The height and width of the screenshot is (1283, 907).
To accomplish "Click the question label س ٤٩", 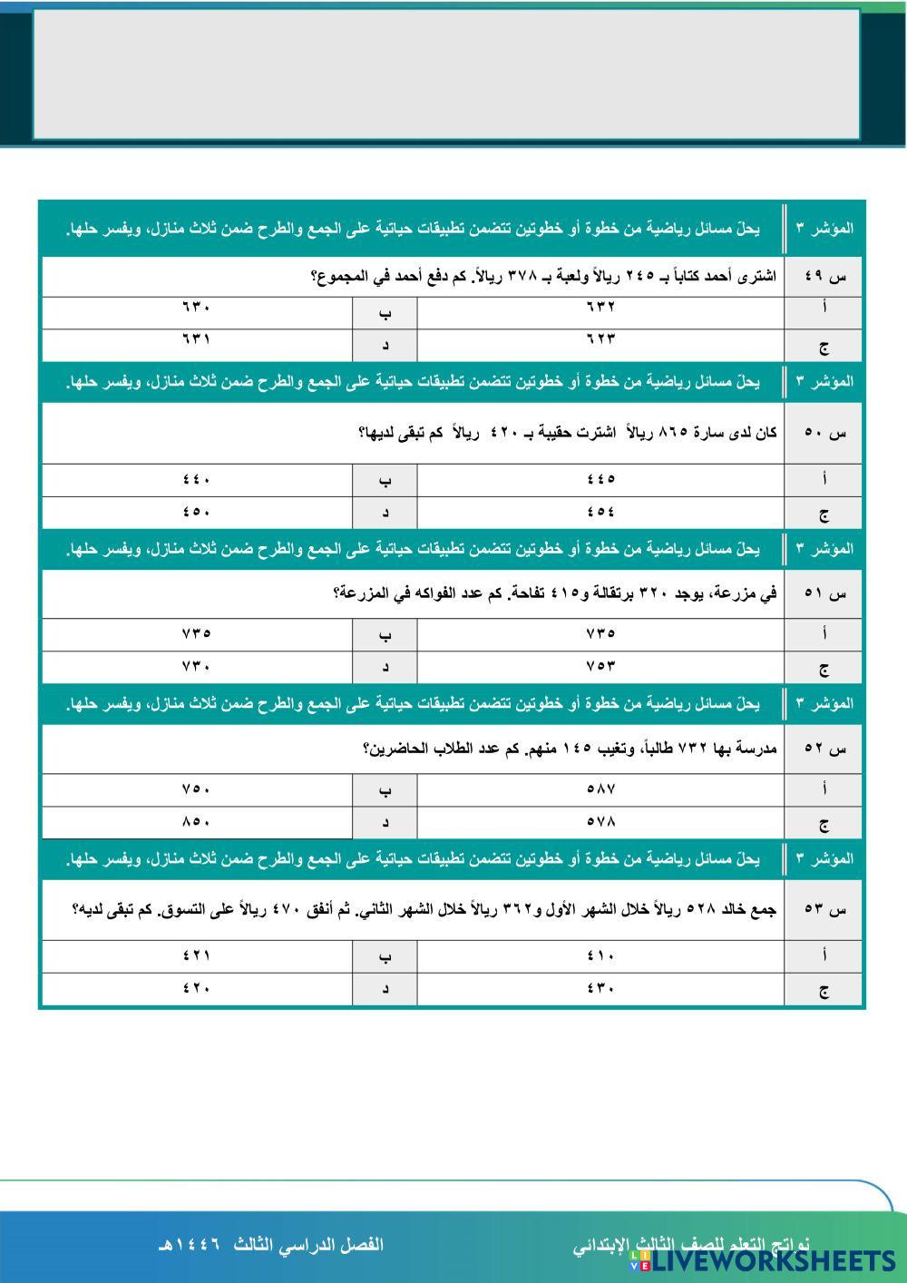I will coord(824,278).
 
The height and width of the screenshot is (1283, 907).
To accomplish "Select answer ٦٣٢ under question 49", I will coord(601,308).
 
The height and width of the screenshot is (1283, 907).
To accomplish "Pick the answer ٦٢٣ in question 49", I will coord(601,339).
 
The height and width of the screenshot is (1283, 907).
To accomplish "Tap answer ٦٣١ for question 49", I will coord(196,339).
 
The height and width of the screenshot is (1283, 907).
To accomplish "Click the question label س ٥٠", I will coord(824,433).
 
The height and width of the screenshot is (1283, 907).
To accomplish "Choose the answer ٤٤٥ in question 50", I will coord(601,479).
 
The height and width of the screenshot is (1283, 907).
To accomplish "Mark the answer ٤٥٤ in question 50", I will coord(601,511).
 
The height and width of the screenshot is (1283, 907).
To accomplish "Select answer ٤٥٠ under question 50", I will coord(196,511).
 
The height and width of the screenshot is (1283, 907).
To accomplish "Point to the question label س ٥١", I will coord(824,594).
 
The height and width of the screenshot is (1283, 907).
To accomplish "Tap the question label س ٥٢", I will coord(824,749).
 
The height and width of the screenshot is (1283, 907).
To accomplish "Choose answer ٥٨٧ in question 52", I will coord(601,789).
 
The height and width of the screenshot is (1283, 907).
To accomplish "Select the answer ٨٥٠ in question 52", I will coord(196,821).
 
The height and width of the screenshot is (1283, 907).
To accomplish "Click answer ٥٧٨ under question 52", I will coord(601,821).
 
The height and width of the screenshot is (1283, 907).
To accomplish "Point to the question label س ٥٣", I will coord(824,908).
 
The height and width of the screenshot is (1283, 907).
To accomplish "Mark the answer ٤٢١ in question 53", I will coord(196,955).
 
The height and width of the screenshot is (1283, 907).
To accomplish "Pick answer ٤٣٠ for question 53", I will coord(601,988).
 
